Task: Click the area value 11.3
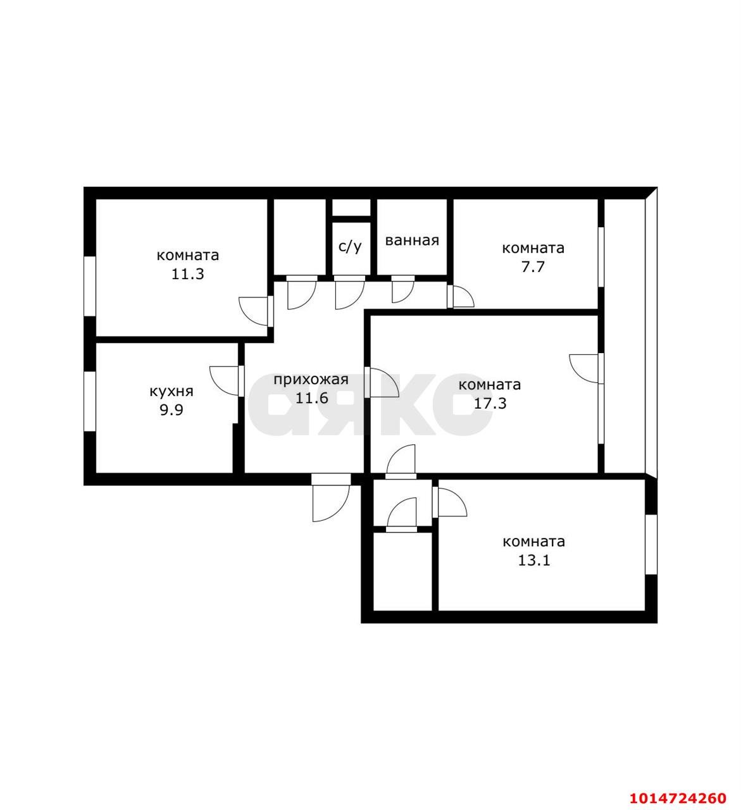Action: pyautogui.click(x=188, y=274)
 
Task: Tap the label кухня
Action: pyautogui.click(x=171, y=391)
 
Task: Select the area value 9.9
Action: pyautogui.click(x=171, y=410)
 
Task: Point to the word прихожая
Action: pyautogui.click(x=311, y=380)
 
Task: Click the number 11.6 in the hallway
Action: pyautogui.click(x=312, y=399)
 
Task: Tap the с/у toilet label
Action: pyautogui.click(x=350, y=246)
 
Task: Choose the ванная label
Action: pyautogui.click(x=412, y=240)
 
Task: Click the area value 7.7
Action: pyautogui.click(x=533, y=267)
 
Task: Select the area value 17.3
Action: pyautogui.click(x=490, y=403)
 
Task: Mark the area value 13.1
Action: pyautogui.click(x=534, y=561)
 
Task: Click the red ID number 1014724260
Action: pyautogui.click(x=678, y=798)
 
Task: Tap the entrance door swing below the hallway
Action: pyautogui.click(x=331, y=497)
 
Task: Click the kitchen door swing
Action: pyautogui.click(x=225, y=381)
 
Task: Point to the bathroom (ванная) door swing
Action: pyautogui.click(x=402, y=289)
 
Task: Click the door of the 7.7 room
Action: pyautogui.click(x=461, y=297)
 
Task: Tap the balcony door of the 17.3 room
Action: pyautogui.click(x=586, y=369)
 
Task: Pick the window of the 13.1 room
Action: pyautogui.click(x=651, y=544)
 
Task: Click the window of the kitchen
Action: pyautogui.click(x=90, y=401)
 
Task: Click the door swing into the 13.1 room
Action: pyautogui.click(x=449, y=502)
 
